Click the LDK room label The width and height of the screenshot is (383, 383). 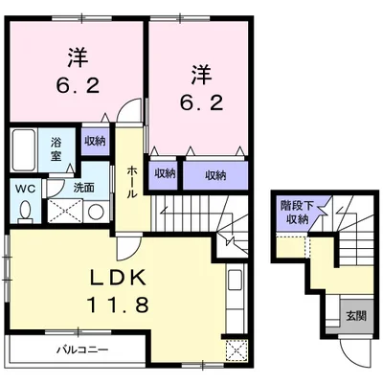tap(118, 277)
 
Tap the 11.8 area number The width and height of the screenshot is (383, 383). tap(118, 304)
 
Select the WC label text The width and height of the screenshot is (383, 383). tap(25, 189)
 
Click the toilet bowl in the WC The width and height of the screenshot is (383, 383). tap(25, 211)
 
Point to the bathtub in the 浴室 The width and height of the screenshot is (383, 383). tap(24, 150)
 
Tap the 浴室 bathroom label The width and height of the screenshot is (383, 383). tap(56, 149)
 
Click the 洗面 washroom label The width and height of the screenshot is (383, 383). tap(84, 188)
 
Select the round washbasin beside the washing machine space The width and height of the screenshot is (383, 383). tap(96, 212)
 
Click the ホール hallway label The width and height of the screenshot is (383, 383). tap(132, 183)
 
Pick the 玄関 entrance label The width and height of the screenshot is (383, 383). tap(356, 316)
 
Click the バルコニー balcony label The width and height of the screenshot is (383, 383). tap(82, 350)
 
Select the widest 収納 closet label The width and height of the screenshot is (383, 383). tap(215, 175)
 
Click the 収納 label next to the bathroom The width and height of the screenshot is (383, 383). tap(95, 141)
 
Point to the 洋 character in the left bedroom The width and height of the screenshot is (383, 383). tap(78, 57)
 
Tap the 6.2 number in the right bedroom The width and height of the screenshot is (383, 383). tap(201, 102)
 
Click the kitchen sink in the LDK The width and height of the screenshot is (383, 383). tap(236, 280)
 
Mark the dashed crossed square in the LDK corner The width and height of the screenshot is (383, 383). tap(237, 350)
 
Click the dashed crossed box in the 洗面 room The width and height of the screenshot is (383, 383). tap(65, 211)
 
